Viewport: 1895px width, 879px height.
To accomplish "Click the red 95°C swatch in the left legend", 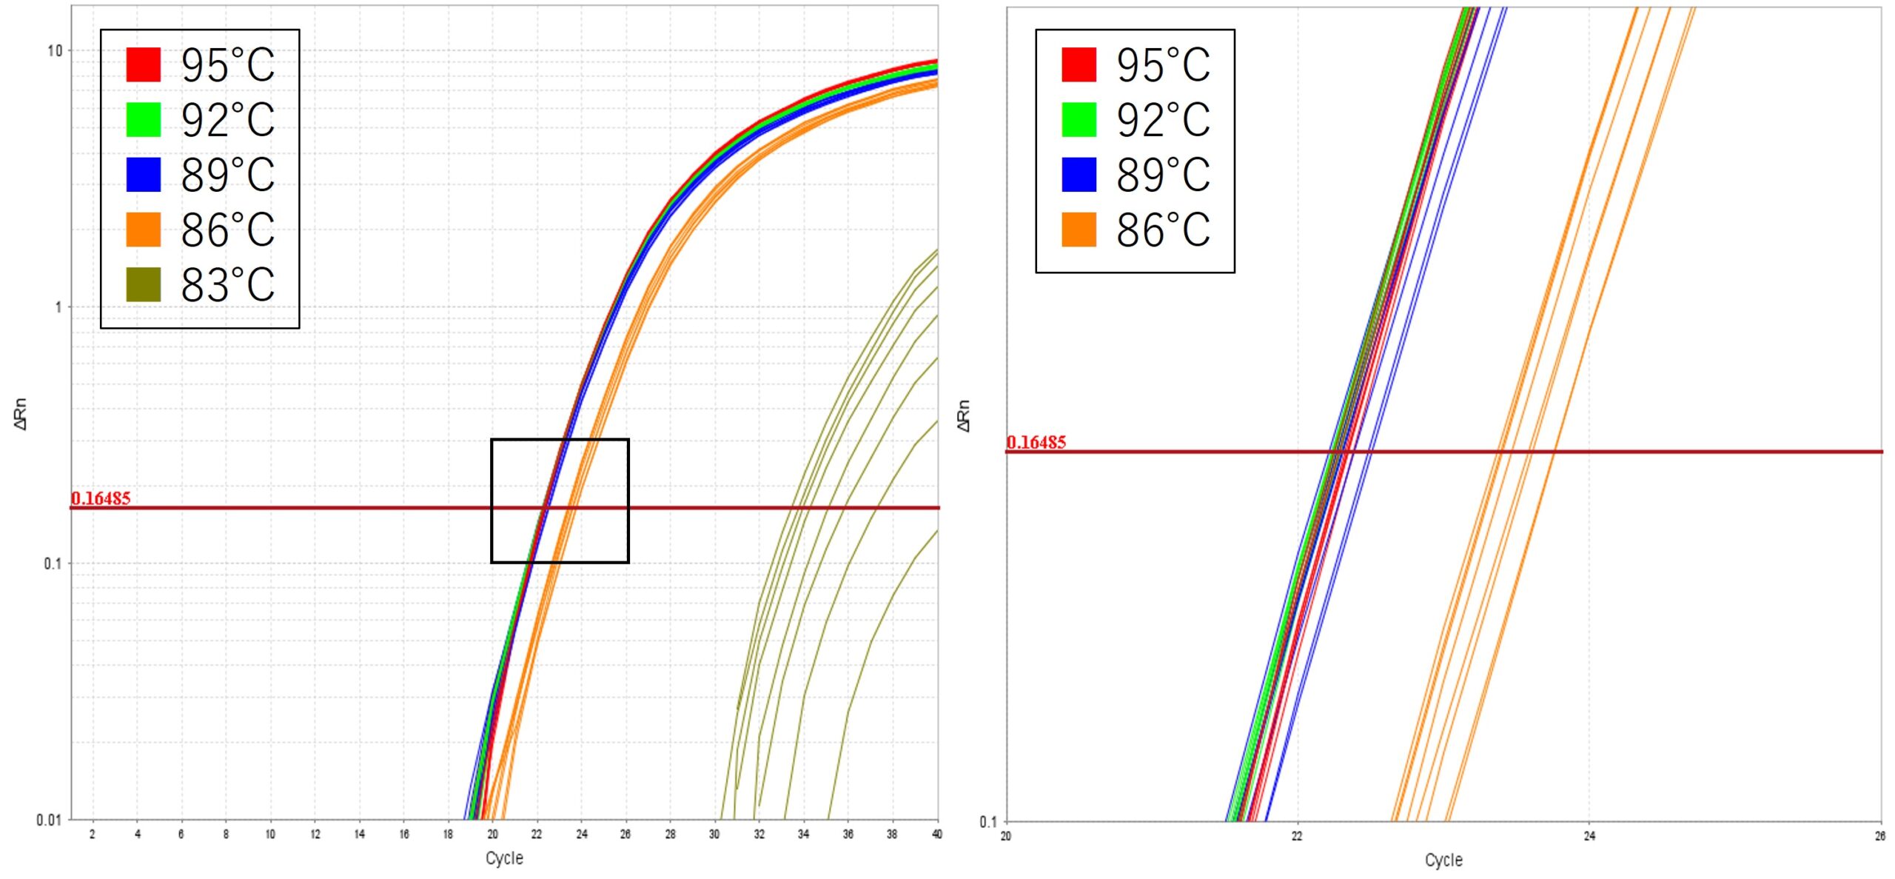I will coord(144,64).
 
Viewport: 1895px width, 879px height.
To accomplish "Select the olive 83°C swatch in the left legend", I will coord(144,284).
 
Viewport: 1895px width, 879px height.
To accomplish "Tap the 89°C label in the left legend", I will coord(228,175).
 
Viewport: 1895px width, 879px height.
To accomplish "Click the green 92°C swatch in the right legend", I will coord(1079,119).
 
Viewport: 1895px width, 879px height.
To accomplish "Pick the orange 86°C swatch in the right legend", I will coord(1079,230).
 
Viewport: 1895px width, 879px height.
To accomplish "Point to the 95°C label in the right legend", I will coord(1163,65).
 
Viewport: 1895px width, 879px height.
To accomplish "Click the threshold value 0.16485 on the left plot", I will coord(101,498).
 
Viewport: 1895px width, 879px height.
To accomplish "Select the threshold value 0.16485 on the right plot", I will coord(1036,442).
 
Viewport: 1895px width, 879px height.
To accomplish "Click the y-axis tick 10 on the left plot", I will coord(55,51).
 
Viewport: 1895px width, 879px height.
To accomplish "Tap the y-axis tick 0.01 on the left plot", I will coord(49,820).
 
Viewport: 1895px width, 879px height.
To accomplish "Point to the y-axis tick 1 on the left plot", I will coord(58,307).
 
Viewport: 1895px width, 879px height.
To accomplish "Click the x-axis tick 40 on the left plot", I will coord(936,835).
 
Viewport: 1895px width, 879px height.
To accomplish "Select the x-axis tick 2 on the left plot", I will coord(93,835).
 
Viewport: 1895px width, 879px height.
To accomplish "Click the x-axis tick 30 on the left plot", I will coord(714,835).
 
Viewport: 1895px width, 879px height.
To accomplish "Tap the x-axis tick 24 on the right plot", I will coord(1589,836).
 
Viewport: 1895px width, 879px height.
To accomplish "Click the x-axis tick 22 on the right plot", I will coord(1297,836).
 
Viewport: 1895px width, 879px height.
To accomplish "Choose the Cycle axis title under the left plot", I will coord(504,858).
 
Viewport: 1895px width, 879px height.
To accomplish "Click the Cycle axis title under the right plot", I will coord(1443,860).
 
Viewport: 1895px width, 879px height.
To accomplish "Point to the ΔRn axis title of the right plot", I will coord(963,415).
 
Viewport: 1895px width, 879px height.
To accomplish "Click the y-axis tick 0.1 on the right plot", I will coord(988,821).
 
